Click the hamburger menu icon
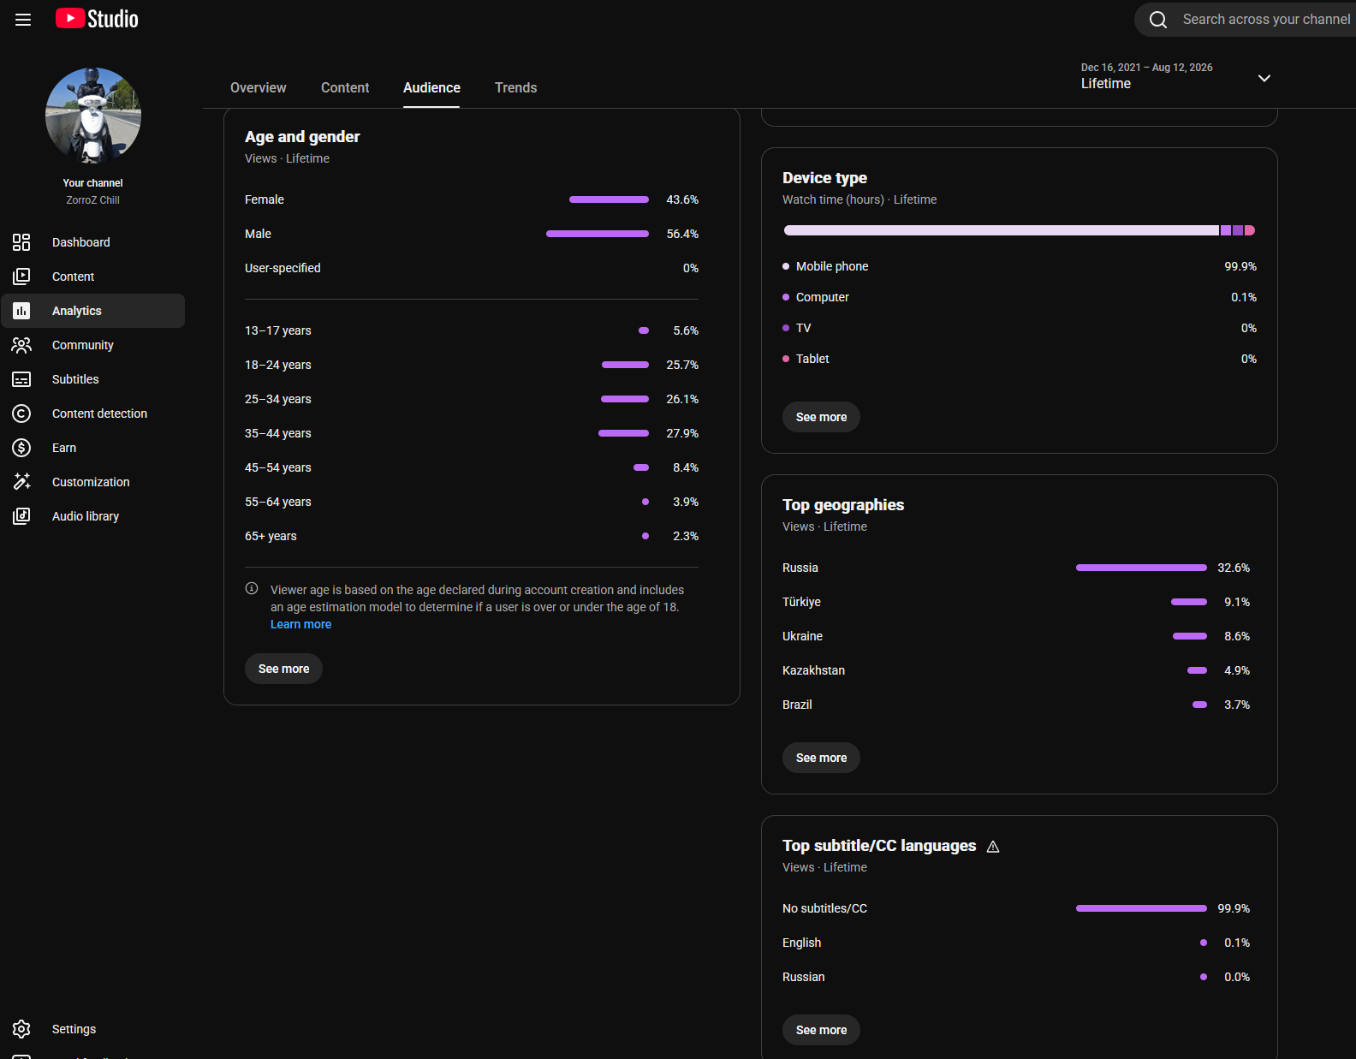23,20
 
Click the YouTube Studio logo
97,19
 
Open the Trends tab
515,87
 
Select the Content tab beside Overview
344,87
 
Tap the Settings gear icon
22,1029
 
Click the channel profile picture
93,116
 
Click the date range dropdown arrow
1264,79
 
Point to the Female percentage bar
609,199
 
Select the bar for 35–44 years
623,433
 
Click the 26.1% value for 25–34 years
682,399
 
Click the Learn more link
300,624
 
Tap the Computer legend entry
822,297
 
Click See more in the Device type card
821,417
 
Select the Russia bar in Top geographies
1141,568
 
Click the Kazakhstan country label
813,670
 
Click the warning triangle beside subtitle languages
993,847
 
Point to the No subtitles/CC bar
1141,908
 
